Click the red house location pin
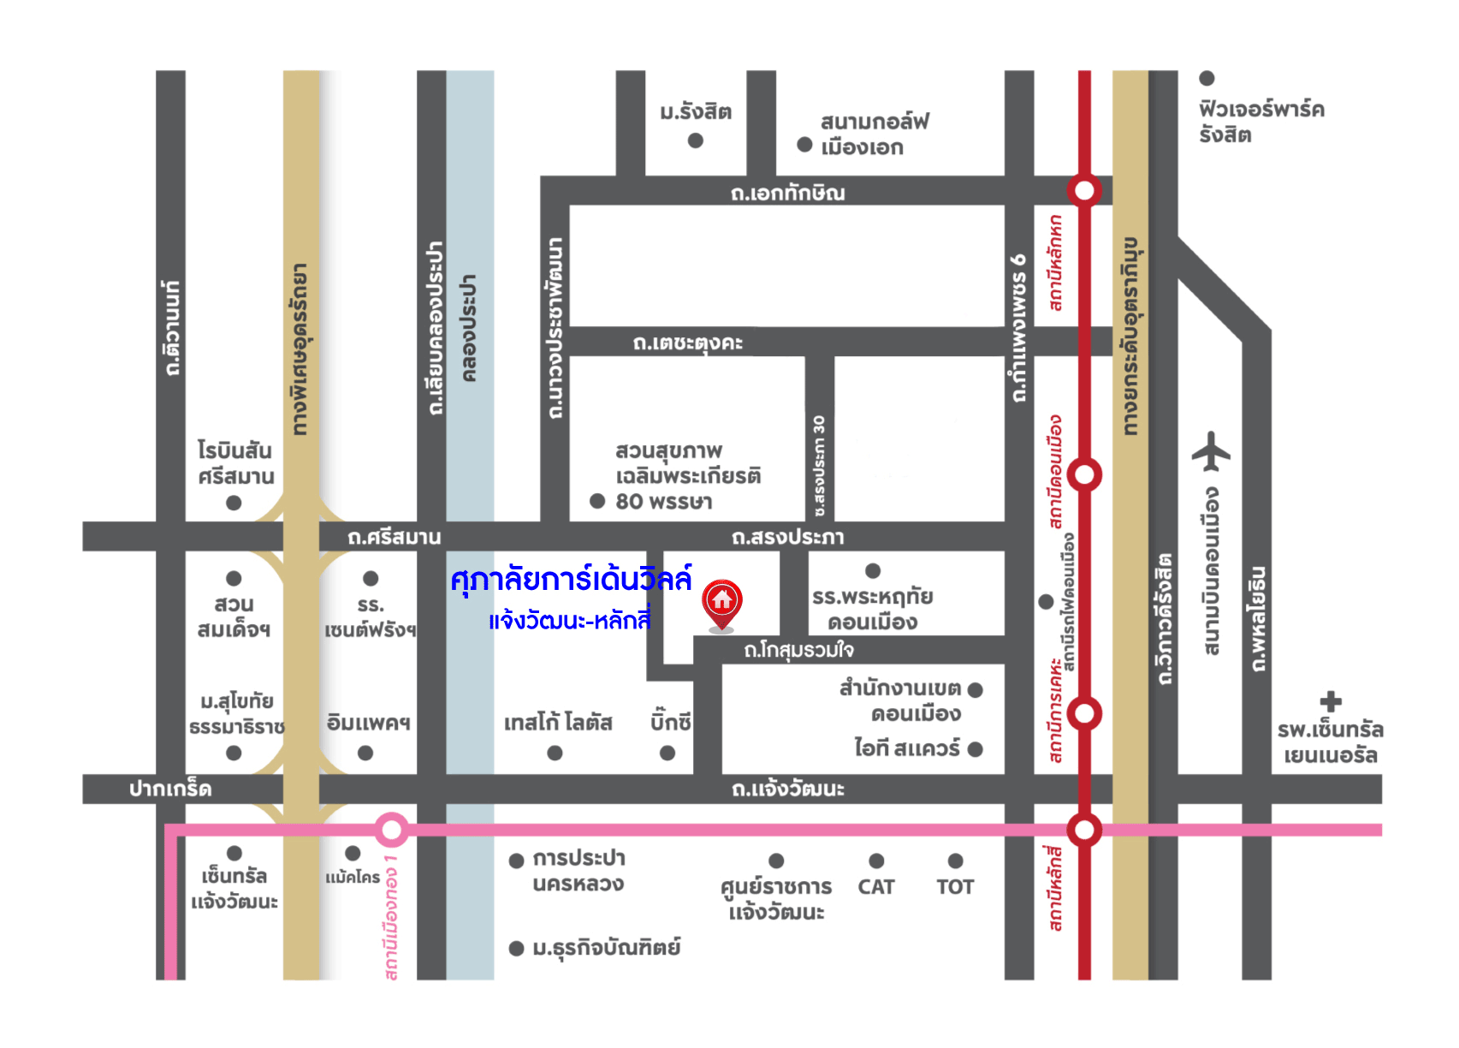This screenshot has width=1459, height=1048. click(x=721, y=601)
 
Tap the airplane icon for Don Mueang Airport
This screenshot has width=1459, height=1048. click(x=1210, y=451)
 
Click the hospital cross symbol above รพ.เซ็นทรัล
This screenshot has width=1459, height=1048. click(x=1330, y=701)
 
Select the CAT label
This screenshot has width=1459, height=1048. click(x=875, y=887)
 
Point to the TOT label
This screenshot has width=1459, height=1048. click(x=955, y=887)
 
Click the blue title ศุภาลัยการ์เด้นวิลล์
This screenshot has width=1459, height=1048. click(x=571, y=581)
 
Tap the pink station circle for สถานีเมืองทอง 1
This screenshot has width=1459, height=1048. click(x=391, y=829)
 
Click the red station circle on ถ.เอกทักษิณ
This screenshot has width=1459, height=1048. click(x=1083, y=190)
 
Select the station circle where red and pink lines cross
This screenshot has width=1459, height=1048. click(x=1083, y=829)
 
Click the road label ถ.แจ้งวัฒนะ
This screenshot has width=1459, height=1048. click(x=787, y=789)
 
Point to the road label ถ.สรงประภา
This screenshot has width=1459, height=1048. click(x=787, y=538)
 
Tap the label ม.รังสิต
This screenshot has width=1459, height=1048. click(x=695, y=112)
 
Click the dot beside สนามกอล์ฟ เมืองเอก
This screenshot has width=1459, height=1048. click(x=804, y=145)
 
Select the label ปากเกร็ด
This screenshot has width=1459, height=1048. click(x=170, y=789)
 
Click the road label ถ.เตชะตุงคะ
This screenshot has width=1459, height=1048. click(x=687, y=343)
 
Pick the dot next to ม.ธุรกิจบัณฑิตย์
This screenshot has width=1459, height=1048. click(x=516, y=948)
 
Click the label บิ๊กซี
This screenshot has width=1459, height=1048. click(x=670, y=723)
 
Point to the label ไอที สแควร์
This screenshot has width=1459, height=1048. click(x=906, y=748)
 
